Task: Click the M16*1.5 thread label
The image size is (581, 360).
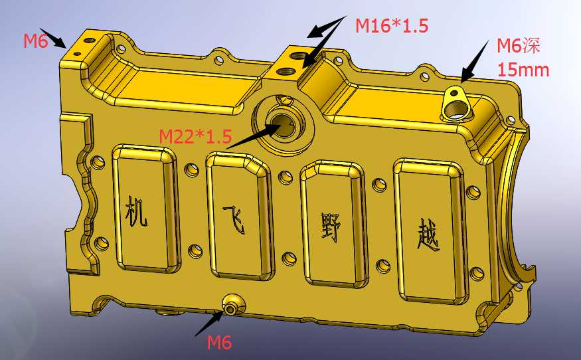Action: tap(392, 26)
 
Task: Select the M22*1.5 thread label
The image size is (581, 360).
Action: tap(195, 136)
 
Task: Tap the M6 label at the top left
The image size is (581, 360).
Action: tap(36, 41)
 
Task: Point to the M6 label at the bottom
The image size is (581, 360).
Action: tap(219, 342)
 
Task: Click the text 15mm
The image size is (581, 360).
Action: tap(523, 70)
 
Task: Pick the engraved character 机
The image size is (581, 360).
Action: tap(136, 211)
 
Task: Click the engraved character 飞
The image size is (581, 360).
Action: tap(234, 219)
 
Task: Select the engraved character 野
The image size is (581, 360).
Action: tap(330, 227)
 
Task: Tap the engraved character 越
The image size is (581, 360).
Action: tap(429, 234)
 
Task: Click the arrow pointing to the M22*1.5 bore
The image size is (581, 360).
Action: tap(254, 135)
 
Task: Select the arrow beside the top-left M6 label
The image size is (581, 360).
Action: tap(53, 38)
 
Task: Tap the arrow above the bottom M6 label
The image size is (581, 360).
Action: tap(209, 323)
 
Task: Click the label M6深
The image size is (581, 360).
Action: tap(519, 45)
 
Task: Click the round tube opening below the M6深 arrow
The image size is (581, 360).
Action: tap(456, 110)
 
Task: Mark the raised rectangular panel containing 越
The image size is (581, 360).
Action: tap(430, 230)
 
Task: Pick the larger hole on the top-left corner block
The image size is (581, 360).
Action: tap(90, 40)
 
